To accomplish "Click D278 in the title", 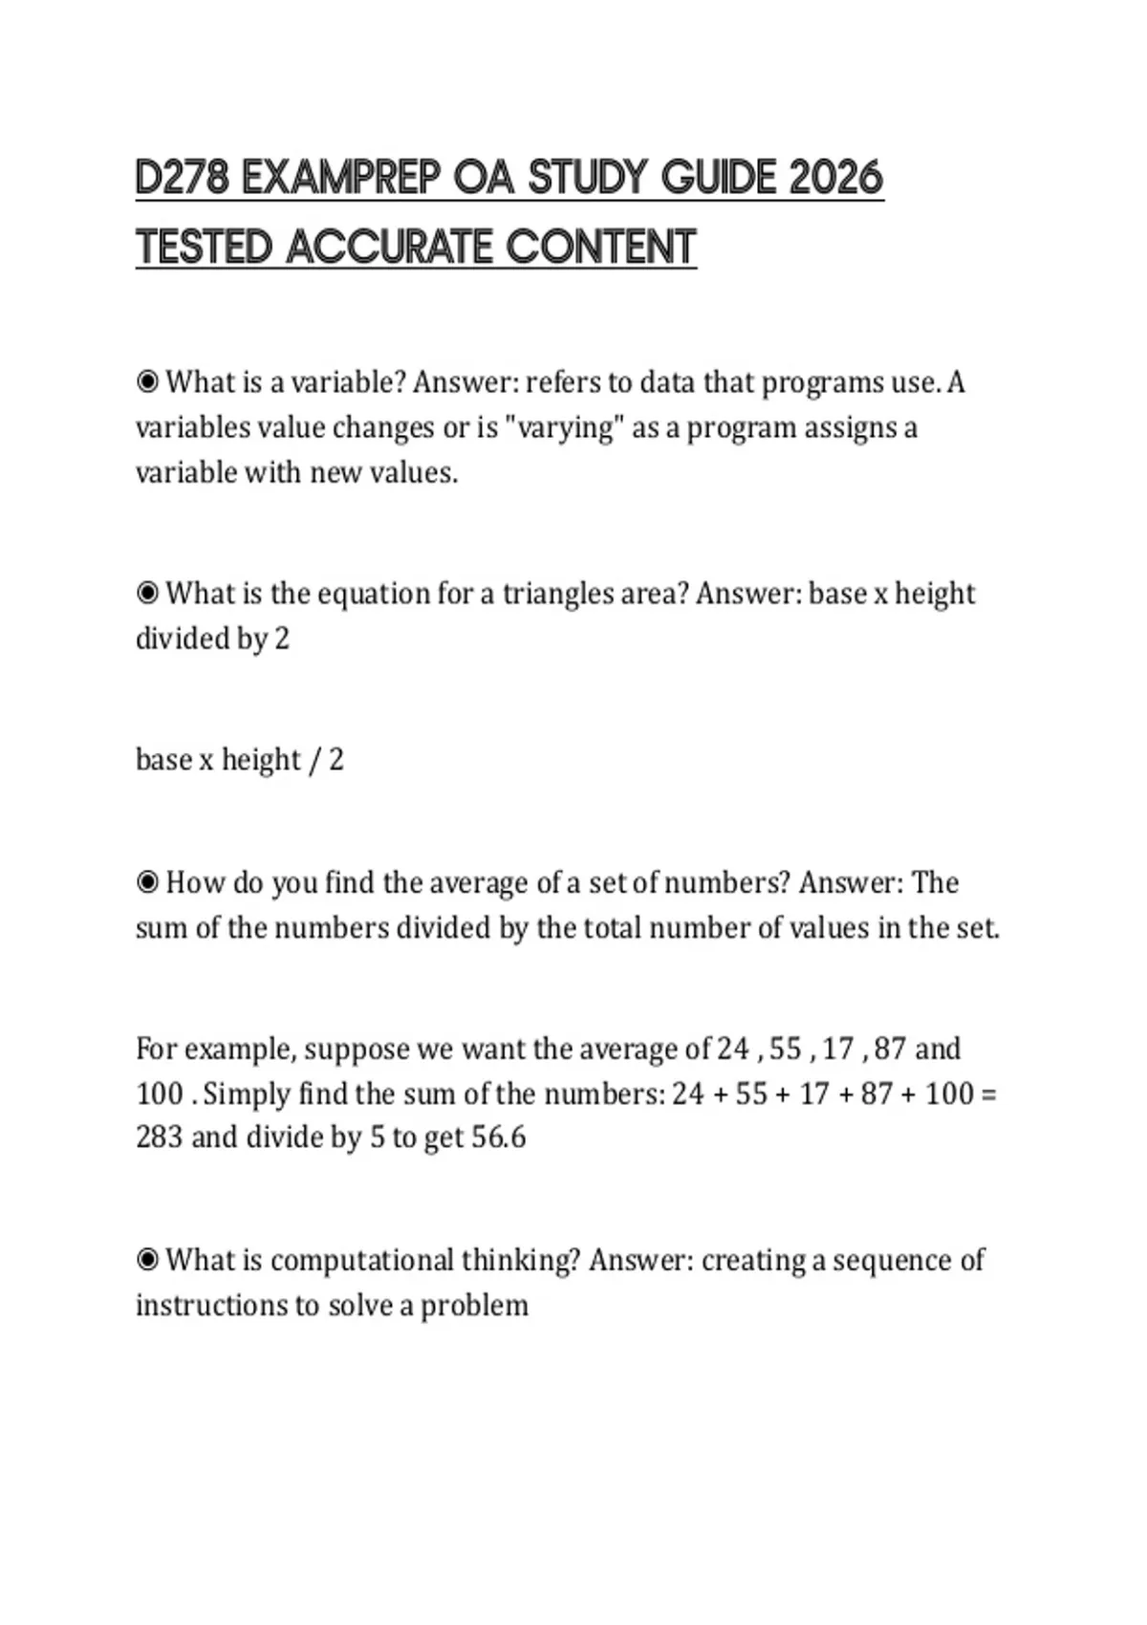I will pos(182,178).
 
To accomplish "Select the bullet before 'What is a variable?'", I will pos(147,382).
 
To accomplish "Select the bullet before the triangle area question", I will pos(147,594).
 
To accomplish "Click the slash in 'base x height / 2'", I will pos(312,761).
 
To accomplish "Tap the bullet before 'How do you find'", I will pos(147,882).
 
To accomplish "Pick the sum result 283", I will pos(159,1137).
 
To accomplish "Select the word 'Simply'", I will pos(247,1093).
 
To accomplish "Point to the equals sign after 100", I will pos(989,1094).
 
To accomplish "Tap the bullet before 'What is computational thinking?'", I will pos(147,1260).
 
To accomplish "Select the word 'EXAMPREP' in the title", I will pos(340,178).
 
